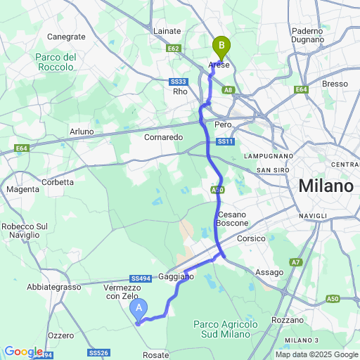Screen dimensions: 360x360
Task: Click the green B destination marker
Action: (x=221, y=47)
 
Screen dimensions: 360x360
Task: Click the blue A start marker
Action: (x=139, y=308)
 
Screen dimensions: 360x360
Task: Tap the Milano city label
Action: (x=326, y=186)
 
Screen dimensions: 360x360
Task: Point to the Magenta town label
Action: (x=22, y=189)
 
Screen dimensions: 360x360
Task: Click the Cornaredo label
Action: (x=163, y=137)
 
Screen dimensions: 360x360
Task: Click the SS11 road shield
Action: (x=224, y=141)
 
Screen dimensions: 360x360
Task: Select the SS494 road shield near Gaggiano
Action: (x=139, y=278)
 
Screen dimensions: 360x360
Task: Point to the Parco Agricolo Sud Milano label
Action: (x=222, y=328)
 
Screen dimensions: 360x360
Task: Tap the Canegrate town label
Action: (x=65, y=37)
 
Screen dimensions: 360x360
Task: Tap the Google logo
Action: (x=23, y=352)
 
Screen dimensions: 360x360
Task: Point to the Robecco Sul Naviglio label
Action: (x=24, y=231)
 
